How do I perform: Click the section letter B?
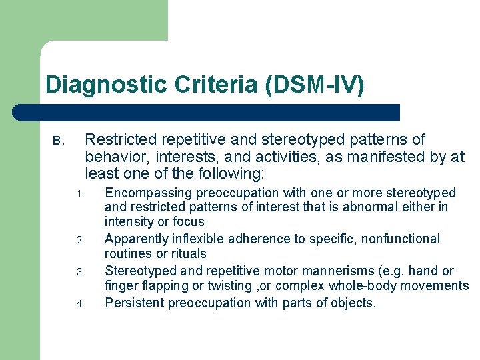(57, 141)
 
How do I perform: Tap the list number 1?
(78, 195)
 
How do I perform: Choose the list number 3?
(78, 272)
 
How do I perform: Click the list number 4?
(78, 304)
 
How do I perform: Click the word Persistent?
(135, 303)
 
